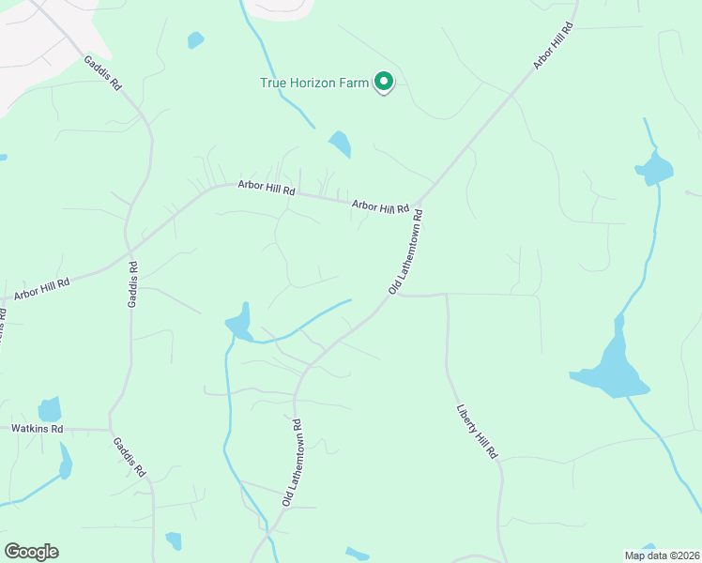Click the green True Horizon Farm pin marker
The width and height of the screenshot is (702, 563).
point(383,83)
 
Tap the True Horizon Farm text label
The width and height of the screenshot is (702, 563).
point(313,83)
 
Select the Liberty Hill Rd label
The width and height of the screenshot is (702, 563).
point(476,432)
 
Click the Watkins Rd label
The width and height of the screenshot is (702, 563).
point(37,429)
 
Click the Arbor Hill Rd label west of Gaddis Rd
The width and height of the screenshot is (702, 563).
point(41,289)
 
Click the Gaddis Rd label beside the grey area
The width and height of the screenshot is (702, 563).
point(102,72)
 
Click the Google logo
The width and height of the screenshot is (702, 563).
point(31,552)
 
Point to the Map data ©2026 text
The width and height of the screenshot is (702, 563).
point(662,555)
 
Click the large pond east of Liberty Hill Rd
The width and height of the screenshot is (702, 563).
point(610,370)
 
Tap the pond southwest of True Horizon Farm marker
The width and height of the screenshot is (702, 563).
point(340,144)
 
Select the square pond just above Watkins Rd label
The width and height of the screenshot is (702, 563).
point(50,410)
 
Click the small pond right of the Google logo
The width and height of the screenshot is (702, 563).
point(173,540)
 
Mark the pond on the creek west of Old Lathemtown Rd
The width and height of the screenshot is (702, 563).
point(239,323)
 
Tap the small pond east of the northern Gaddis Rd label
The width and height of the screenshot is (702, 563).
point(195,40)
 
